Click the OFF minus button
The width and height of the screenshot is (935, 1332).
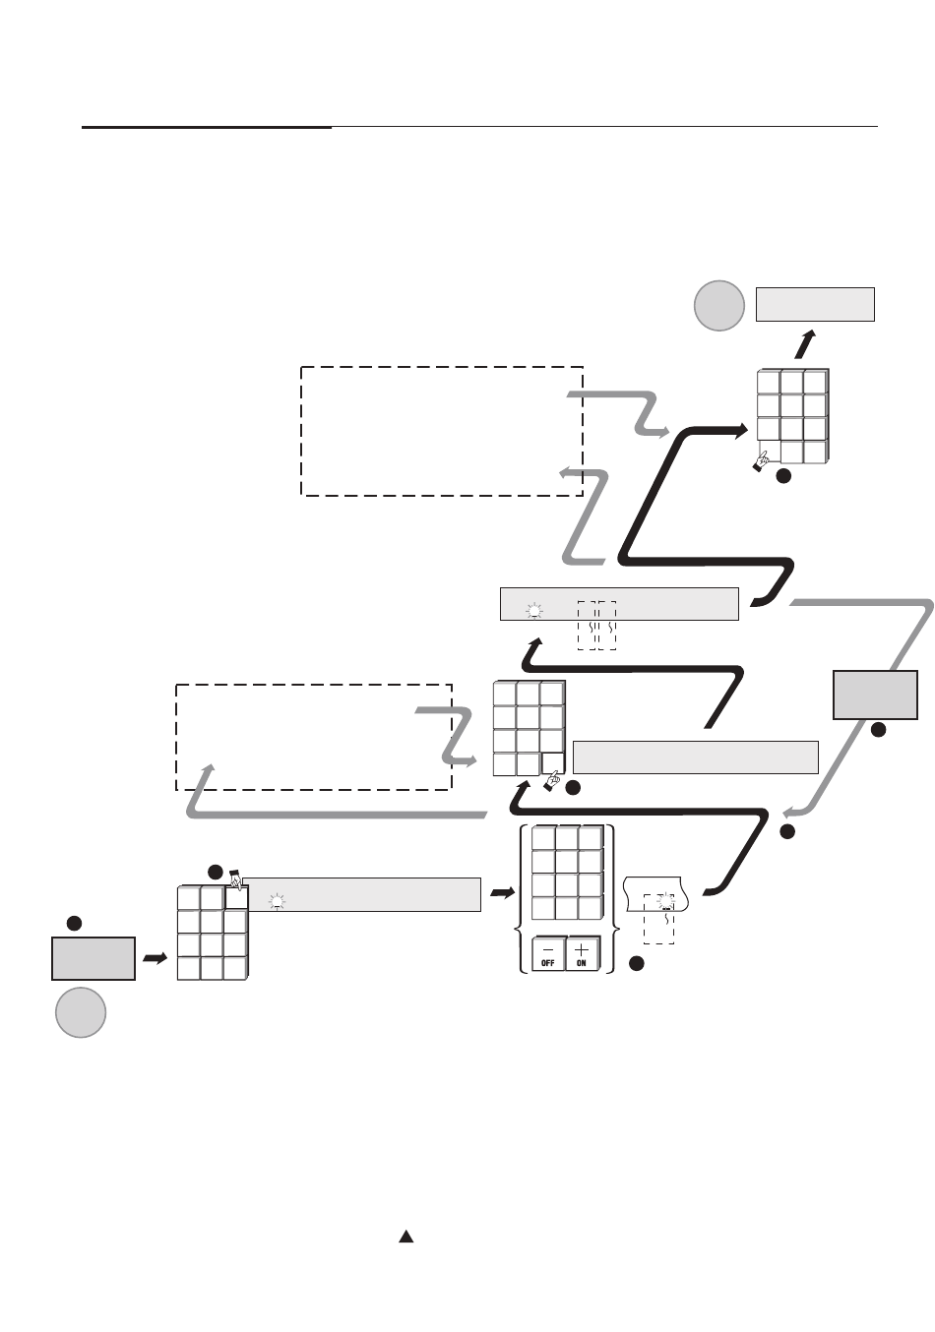pyautogui.click(x=548, y=954)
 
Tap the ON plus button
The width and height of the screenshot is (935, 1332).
pyautogui.click(x=582, y=954)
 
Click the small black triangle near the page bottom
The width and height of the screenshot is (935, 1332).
pyautogui.click(x=405, y=1237)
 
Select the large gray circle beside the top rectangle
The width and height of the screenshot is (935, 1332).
pyautogui.click(x=718, y=305)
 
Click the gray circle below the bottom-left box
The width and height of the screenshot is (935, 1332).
pyautogui.click(x=80, y=1012)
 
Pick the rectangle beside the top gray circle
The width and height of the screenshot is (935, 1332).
pyautogui.click(x=815, y=304)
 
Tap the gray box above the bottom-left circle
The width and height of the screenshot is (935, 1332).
pyautogui.click(x=93, y=958)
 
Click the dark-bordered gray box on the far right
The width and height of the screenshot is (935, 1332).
pyautogui.click(x=875, y=695)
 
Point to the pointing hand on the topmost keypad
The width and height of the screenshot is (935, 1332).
pyautogui.click(x=760, y=460)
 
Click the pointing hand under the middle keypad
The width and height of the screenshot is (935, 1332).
pyautogui.click(x=551, y=782)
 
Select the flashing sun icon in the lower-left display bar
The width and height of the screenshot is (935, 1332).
pyautogui.click(x=278, y=900)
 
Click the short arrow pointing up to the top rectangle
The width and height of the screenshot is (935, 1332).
pyautogui.click(x=806, y=344)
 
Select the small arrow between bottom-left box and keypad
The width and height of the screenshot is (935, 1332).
pyautogui.click(x=155, y=957)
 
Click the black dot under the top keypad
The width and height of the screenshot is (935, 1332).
pyautogui.click(x=783, y=476)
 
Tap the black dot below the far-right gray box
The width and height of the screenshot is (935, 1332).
pyautogui.click(x=878, y=730)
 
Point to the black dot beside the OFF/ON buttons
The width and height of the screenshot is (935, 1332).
pyautogui.click(x=637, y=962)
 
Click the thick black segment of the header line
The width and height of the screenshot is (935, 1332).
pyautogui.click(x=207, y=127)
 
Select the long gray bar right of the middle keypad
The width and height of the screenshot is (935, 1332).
pyautogui.click(x=695, y=757)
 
